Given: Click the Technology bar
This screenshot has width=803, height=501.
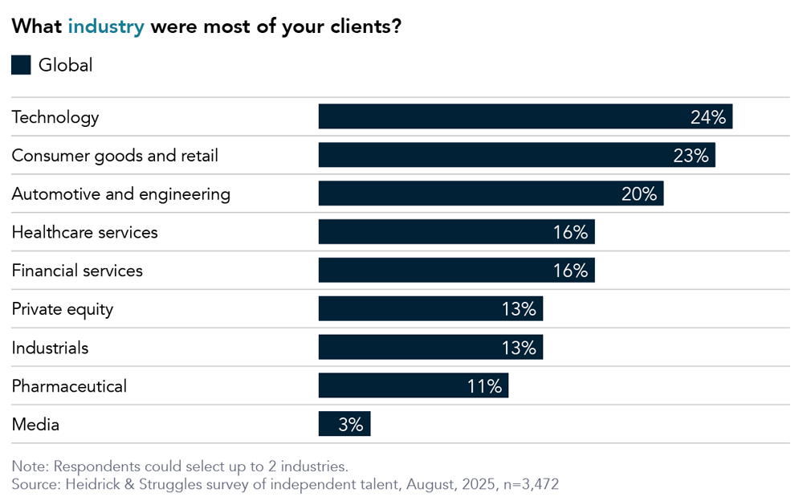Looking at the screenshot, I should (525, 116).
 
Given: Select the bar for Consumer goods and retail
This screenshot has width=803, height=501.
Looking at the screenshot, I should (516, 155).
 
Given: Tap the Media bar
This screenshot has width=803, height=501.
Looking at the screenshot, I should (344, 424).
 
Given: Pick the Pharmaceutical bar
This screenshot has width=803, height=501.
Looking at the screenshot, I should (413, 385).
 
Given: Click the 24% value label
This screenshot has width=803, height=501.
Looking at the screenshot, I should (707, 117).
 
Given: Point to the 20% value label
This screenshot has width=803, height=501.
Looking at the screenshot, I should (639, 194).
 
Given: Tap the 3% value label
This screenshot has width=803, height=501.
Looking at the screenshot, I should (350, 425).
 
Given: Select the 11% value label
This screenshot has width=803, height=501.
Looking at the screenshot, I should (484, 386).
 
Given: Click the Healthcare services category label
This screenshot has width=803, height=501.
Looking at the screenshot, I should (84, 232).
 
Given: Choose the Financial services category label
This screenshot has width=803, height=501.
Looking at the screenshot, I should (77, 271).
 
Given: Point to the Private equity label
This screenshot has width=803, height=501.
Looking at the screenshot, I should (62, 309).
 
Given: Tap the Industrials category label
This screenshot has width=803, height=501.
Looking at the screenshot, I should (50, 348).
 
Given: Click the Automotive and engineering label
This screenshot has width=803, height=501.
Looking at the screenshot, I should (120, 193).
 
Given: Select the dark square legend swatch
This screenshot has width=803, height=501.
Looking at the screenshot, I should (21, 65).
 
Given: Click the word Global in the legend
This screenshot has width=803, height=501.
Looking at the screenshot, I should (66, 65).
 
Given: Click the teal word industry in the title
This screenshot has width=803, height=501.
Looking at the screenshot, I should (106, 26).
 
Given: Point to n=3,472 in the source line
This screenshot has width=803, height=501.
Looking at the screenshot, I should (526, 484).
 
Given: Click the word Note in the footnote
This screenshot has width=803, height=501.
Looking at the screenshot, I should (30, 466).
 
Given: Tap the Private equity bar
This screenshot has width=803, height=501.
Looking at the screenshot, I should (430, 308).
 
